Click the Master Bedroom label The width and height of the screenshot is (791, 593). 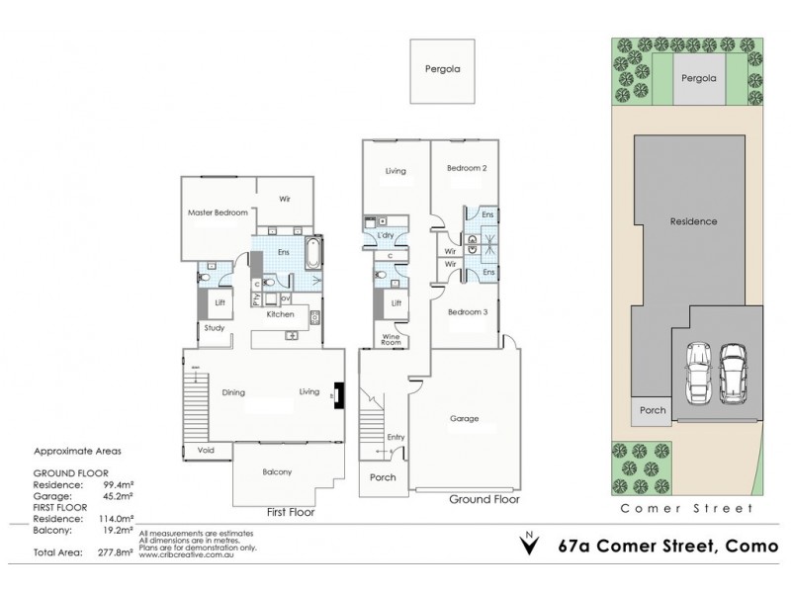click(x=217, y=212)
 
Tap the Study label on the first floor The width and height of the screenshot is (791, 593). click(x=215, y=328)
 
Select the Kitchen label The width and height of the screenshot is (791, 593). click(x=280, y=313)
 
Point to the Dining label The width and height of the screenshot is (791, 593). click(x=233, y=392)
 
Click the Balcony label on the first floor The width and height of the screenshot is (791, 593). click(x=278, y=472)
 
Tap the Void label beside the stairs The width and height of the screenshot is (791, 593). click(x=205, y=450)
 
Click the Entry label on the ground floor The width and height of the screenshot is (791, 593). click(x=396, y=437)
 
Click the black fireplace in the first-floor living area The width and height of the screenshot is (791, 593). click(x=339, y=394)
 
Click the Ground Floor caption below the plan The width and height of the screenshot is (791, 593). click(x=457, y=500)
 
